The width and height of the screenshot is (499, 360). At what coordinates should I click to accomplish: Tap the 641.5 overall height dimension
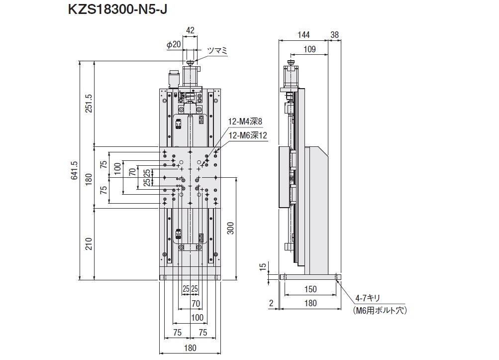pyautogui.click(x=74, y=170)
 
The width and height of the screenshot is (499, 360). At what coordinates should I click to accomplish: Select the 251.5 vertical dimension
pyautogui.click(x=89, y=104)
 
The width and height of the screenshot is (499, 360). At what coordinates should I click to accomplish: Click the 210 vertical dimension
pyautogui.click(x=89, y=244)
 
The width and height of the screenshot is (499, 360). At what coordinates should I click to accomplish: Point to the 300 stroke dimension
pyautogui.click(x=231, y=228)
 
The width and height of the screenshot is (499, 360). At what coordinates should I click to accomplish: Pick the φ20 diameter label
pyautogui.click(x=174, y=44)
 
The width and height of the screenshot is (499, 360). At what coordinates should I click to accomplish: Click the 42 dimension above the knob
pyautogui.click(x=190, y=30)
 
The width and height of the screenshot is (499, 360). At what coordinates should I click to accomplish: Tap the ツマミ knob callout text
pyautogui.click(x=217, y=50)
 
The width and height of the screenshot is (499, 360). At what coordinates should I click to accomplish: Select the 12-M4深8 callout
pyautogui.click(x=245, y=121)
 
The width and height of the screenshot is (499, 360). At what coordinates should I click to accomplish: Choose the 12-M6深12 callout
pyautogui.click(x=248, y=134)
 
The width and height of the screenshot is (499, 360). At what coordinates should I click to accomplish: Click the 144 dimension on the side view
pyautogui.click(x=303, y=34)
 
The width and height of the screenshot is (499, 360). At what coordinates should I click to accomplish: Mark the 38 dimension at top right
pyautogui.click(x=334, y=34)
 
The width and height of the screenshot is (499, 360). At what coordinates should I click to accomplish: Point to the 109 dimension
pyautogui.click(x=309, y=49)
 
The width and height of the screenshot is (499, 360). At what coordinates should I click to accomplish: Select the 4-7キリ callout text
pyautogui.click(x=368, y=298)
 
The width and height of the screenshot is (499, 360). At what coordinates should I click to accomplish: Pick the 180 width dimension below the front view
pyautogui.click(x=190, y=348)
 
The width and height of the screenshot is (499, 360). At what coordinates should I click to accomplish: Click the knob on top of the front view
pyautogui.click(x=191, y=63)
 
